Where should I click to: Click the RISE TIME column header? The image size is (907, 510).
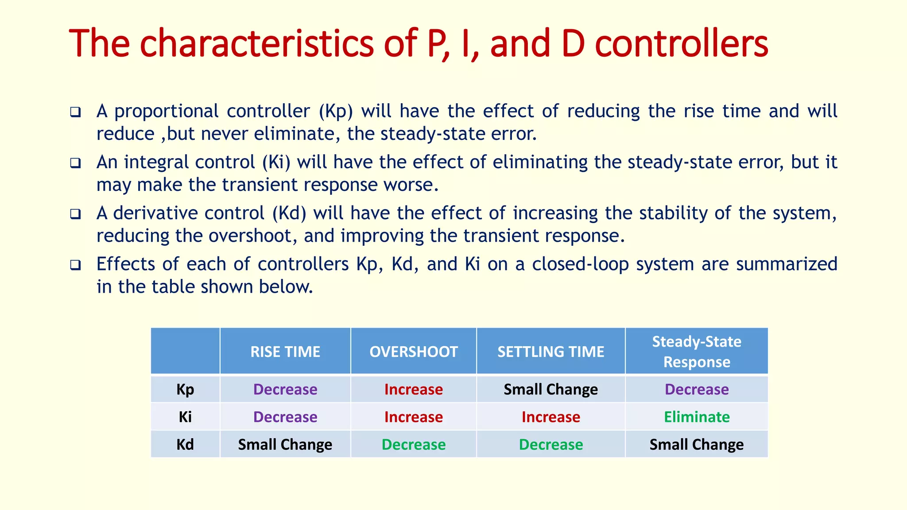pyautogui.click(x=285, y=352)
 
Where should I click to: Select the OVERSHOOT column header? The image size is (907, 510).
pyautogui.click(x=413, y=352)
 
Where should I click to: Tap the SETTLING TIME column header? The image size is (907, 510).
pyautogui.click(x=550, y=352)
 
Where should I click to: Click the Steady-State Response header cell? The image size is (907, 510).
pyautogui.click(x=696, y=352)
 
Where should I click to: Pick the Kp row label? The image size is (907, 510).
pyautogui.click(x=185, y=389)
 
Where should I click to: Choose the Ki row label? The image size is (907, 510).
pyautogui.click(x=185, y=417)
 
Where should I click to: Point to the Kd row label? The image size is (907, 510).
pyautogui.click(x=185, y=444)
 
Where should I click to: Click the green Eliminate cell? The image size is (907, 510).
pyautogui.click(x=696, y=417)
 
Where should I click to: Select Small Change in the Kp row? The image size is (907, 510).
pyautogui.click(x=550, y=389)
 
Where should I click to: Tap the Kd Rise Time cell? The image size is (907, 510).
pyautogui.click(x=285, y=444)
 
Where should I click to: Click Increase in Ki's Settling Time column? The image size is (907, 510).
pyautogui.click(x=550, y=417)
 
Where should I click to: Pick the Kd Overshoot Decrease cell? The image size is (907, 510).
pyautogui.click(x=413, y=444)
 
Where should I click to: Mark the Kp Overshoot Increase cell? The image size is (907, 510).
pyautogui.click(x=413, y=389)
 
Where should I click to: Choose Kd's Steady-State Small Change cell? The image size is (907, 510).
pyautogui.click(x=696, y=444)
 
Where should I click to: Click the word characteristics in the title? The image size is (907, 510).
pyautogui.click(x=257, y=43)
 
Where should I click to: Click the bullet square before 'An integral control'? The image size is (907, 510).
pyautogui.click(x=76, y=163)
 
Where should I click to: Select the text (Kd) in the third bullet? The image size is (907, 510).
pyautogui.click(x=289, y=213)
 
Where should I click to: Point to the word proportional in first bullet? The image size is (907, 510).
pyautogui.click(x=167, y=111)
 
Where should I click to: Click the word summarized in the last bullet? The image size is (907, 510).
pyautogui.click(x=787, y=264)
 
